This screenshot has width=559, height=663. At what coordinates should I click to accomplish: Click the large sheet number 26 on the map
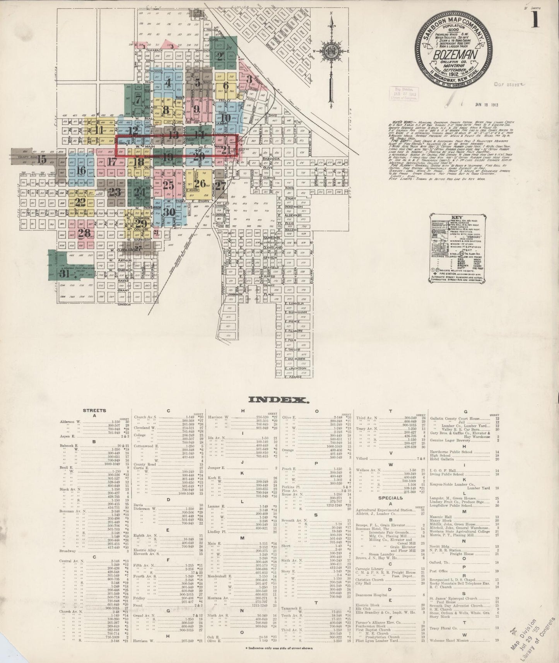[200, 183]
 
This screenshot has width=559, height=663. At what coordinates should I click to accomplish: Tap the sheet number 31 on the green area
[64, 274]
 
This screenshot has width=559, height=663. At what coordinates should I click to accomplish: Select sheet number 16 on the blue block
[81, 170]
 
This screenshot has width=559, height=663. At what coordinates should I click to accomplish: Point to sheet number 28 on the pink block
[84, 233]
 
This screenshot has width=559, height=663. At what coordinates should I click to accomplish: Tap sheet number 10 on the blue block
[226, 118]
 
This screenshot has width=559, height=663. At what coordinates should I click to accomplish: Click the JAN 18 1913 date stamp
[486, 104]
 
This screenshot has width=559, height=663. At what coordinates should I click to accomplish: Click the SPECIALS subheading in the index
[391, 497]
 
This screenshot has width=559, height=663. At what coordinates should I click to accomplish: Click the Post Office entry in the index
[438, 571]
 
